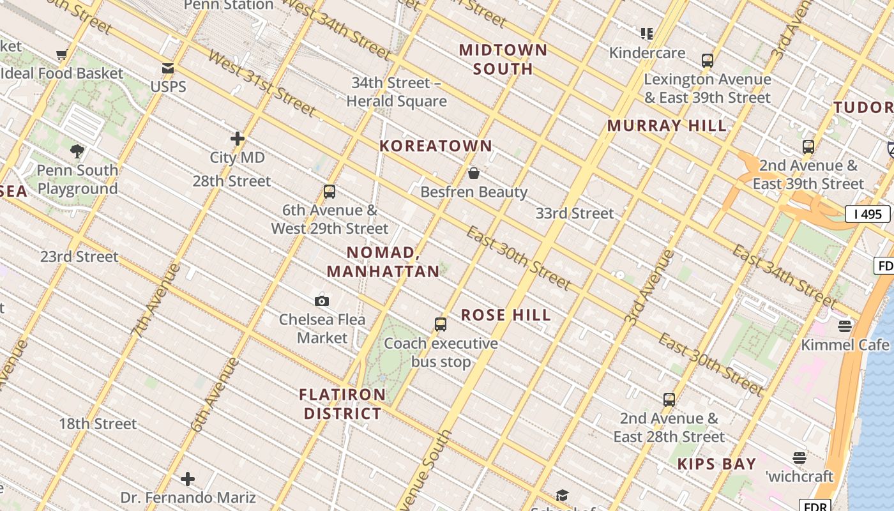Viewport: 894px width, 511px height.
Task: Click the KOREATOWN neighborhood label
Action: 436,146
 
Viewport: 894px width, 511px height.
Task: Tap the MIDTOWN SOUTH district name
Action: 503,59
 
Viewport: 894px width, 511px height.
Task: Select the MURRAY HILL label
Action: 667,126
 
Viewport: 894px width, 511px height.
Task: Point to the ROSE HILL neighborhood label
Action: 506,315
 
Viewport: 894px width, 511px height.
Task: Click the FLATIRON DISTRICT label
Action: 342,404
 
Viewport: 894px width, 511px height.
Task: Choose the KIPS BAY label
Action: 716,464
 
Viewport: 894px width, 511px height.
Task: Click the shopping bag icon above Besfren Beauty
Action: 474,173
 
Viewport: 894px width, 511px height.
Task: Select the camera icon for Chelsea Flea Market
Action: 322,301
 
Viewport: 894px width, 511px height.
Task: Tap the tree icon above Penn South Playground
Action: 77,151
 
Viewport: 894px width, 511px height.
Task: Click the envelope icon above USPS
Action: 168,68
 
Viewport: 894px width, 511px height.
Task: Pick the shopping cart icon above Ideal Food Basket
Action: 62,55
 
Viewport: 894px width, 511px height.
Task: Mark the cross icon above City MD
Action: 238,139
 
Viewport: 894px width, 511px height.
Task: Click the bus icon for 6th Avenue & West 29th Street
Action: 330,192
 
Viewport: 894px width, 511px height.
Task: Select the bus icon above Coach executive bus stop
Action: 441,324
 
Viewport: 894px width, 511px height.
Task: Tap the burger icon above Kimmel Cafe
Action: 845,327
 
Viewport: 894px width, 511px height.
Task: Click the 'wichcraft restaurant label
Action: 799,477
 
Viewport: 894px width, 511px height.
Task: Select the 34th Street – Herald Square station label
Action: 396,92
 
